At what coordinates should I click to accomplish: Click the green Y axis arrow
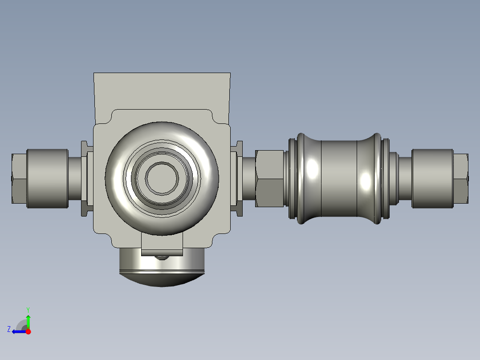pos(28,321)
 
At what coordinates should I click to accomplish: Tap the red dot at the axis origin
pos(28,331)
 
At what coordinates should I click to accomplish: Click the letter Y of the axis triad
pos(28,310)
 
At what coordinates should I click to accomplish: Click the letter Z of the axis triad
pos(9,329)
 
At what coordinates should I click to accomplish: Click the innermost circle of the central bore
pos(162,178)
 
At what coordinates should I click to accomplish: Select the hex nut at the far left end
pos(19,178)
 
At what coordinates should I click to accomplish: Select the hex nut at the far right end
pos(461,178)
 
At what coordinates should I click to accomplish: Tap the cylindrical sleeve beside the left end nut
pos(48,179)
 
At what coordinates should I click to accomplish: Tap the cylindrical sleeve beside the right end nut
pos(432,179)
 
